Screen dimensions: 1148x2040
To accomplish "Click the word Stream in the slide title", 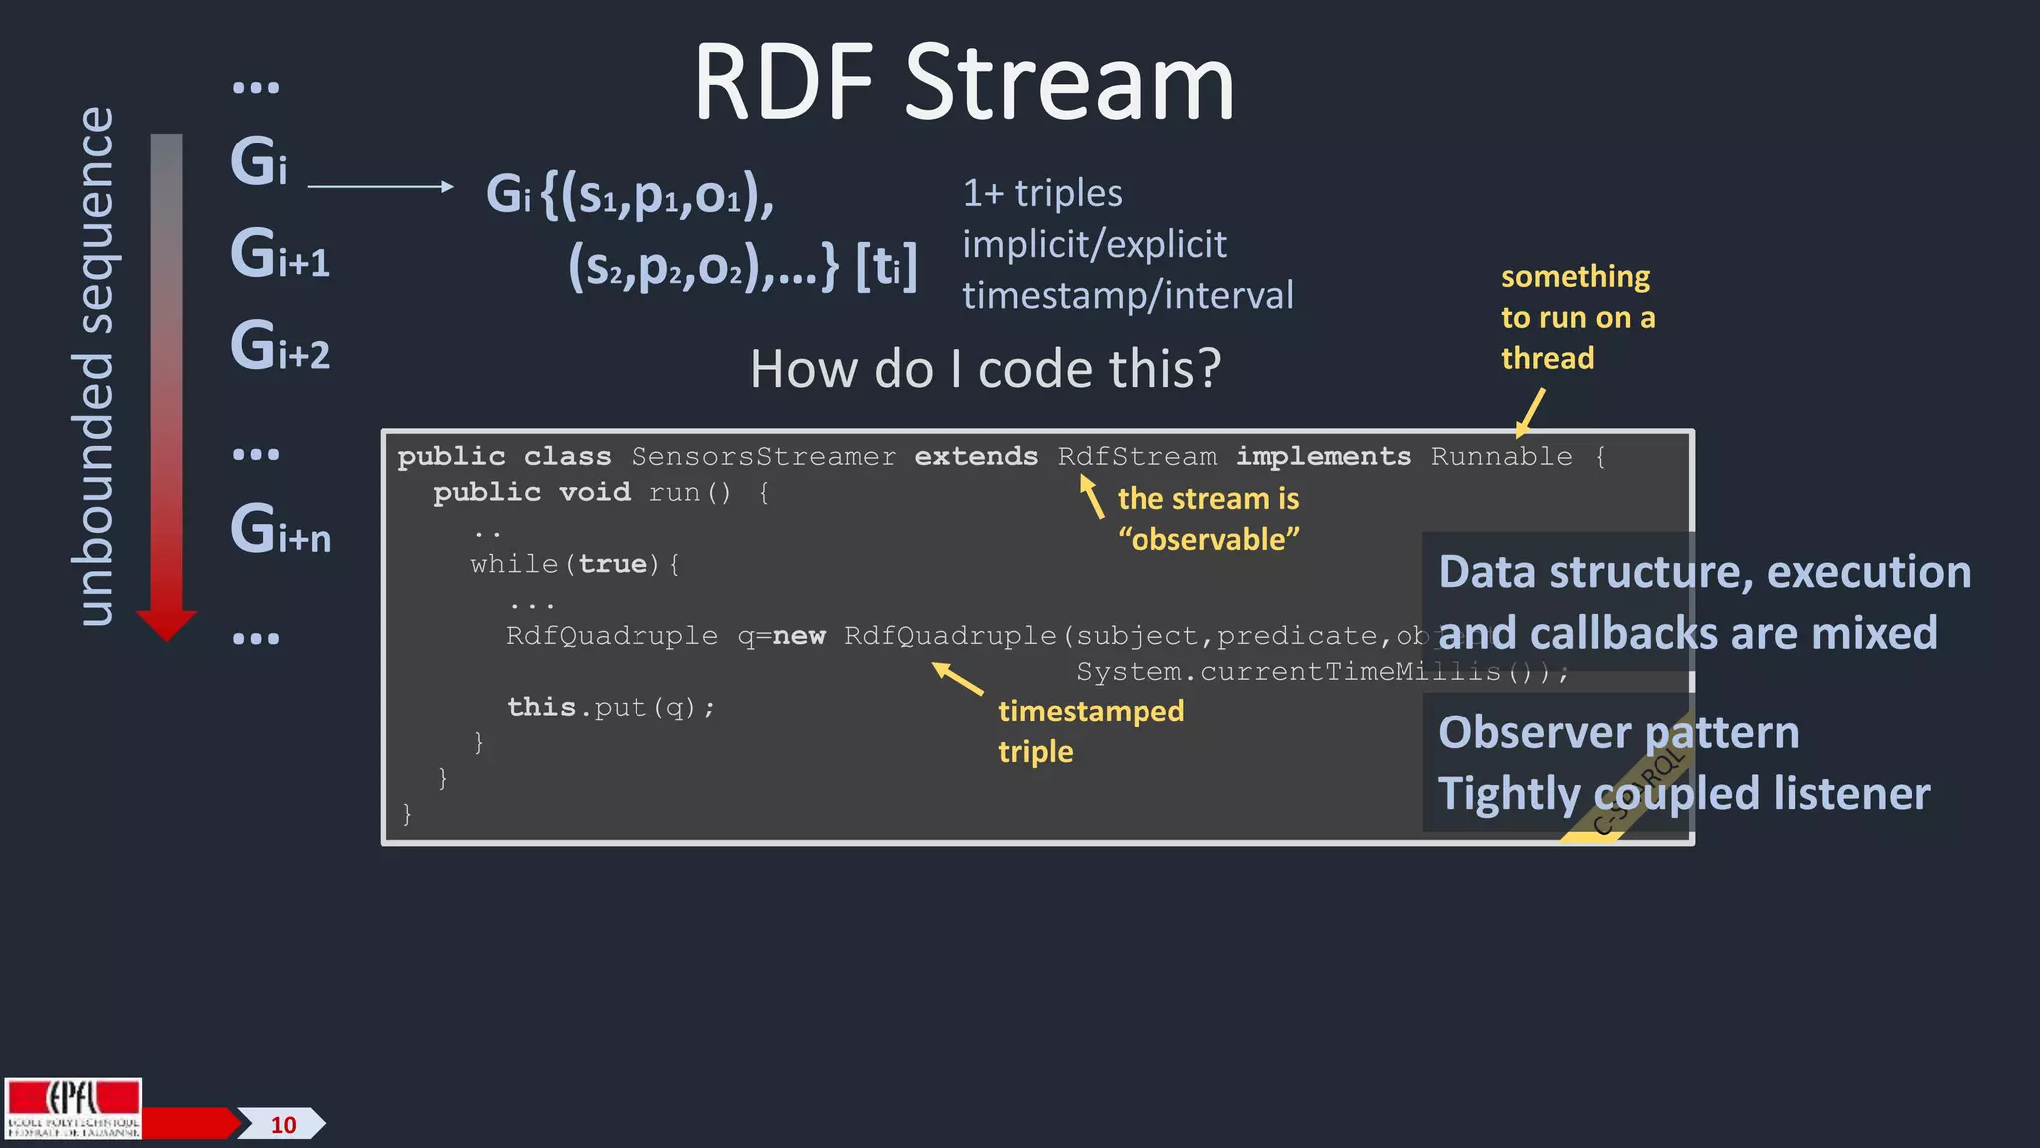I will (1070, 84).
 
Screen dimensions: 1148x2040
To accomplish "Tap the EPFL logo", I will (73, 1108).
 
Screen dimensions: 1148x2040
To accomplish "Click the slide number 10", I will (283, 1125).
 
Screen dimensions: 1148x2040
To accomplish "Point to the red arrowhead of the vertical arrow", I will (166, 625).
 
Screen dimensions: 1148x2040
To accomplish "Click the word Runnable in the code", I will (1501, 457).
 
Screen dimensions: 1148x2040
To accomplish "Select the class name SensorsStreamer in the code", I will (763, 457).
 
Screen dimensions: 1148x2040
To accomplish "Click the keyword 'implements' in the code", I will (1323, 457).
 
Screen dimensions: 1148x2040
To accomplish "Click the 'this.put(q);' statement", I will (611, 707).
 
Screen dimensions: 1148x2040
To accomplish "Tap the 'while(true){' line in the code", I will (576, 564).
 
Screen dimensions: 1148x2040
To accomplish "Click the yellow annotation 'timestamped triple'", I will (1090, 730).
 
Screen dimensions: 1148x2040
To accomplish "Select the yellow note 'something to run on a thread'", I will (1577, 317).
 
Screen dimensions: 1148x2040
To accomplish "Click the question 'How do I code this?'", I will (985, 369).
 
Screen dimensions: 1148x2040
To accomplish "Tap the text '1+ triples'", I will (1042, 193).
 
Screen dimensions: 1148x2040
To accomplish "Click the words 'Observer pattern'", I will (1619, 732).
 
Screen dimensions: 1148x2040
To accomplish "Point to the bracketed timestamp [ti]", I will (887, 267).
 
